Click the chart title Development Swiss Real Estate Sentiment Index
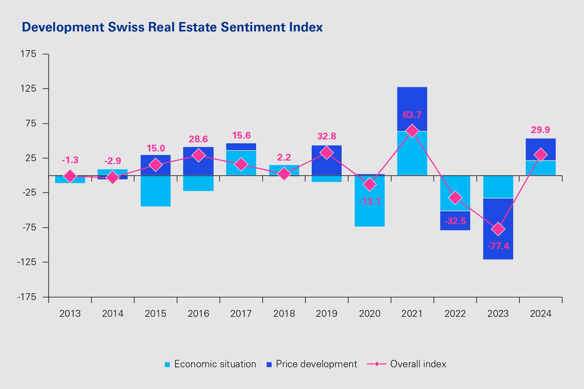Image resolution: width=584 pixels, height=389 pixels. (172, 27)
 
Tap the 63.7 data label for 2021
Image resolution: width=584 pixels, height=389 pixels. (412, 115)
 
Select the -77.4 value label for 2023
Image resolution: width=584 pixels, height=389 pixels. (498, 246)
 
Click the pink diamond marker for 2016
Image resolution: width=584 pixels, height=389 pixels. (198, 155)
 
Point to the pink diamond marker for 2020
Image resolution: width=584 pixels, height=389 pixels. (369, 184)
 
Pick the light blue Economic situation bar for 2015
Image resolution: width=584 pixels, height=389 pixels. (155, 191)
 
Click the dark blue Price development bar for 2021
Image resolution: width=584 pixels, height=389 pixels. (412, 109)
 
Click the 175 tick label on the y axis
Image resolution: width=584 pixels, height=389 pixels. (28, 54)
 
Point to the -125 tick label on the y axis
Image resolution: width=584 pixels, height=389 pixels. (26, 262)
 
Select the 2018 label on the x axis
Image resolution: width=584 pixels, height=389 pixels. (284, 314)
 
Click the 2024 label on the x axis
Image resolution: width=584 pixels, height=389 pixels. (540, 314)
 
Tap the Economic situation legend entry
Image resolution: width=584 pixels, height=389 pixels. (210, 364)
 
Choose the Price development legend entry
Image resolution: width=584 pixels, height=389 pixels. (311, 364)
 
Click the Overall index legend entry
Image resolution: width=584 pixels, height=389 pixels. (407, 364)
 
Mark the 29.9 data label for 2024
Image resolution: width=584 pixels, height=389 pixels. (540, 130)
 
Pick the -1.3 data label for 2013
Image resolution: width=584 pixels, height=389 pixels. (70, 160)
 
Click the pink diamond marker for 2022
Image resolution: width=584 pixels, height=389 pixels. (455, 198)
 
